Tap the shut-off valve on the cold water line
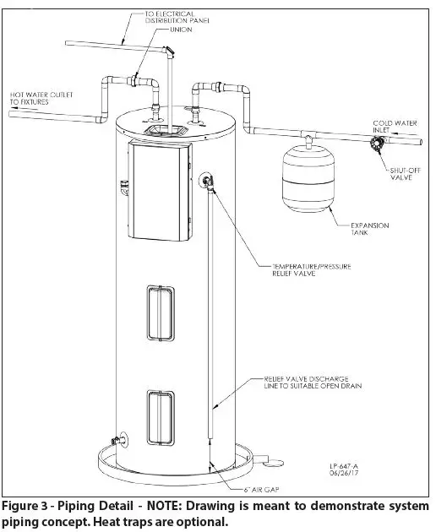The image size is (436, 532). pos(371,145)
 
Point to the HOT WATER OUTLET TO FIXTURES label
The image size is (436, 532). pos(37,98)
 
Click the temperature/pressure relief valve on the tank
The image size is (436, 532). pos(207,183)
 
